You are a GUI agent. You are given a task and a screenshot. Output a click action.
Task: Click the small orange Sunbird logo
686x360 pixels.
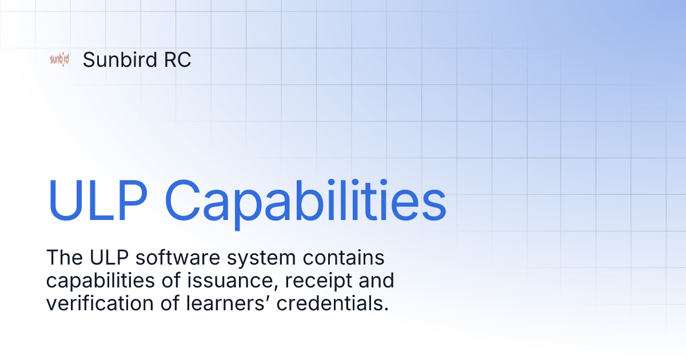point(59,59)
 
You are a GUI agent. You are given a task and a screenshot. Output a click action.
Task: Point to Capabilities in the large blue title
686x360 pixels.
point(305,201)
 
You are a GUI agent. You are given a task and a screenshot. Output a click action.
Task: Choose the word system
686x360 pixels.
point(239,259)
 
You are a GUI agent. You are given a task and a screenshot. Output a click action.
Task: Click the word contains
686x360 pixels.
point(329,258)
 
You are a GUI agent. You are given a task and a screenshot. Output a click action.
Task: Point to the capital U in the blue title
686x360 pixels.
point(64,201)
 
